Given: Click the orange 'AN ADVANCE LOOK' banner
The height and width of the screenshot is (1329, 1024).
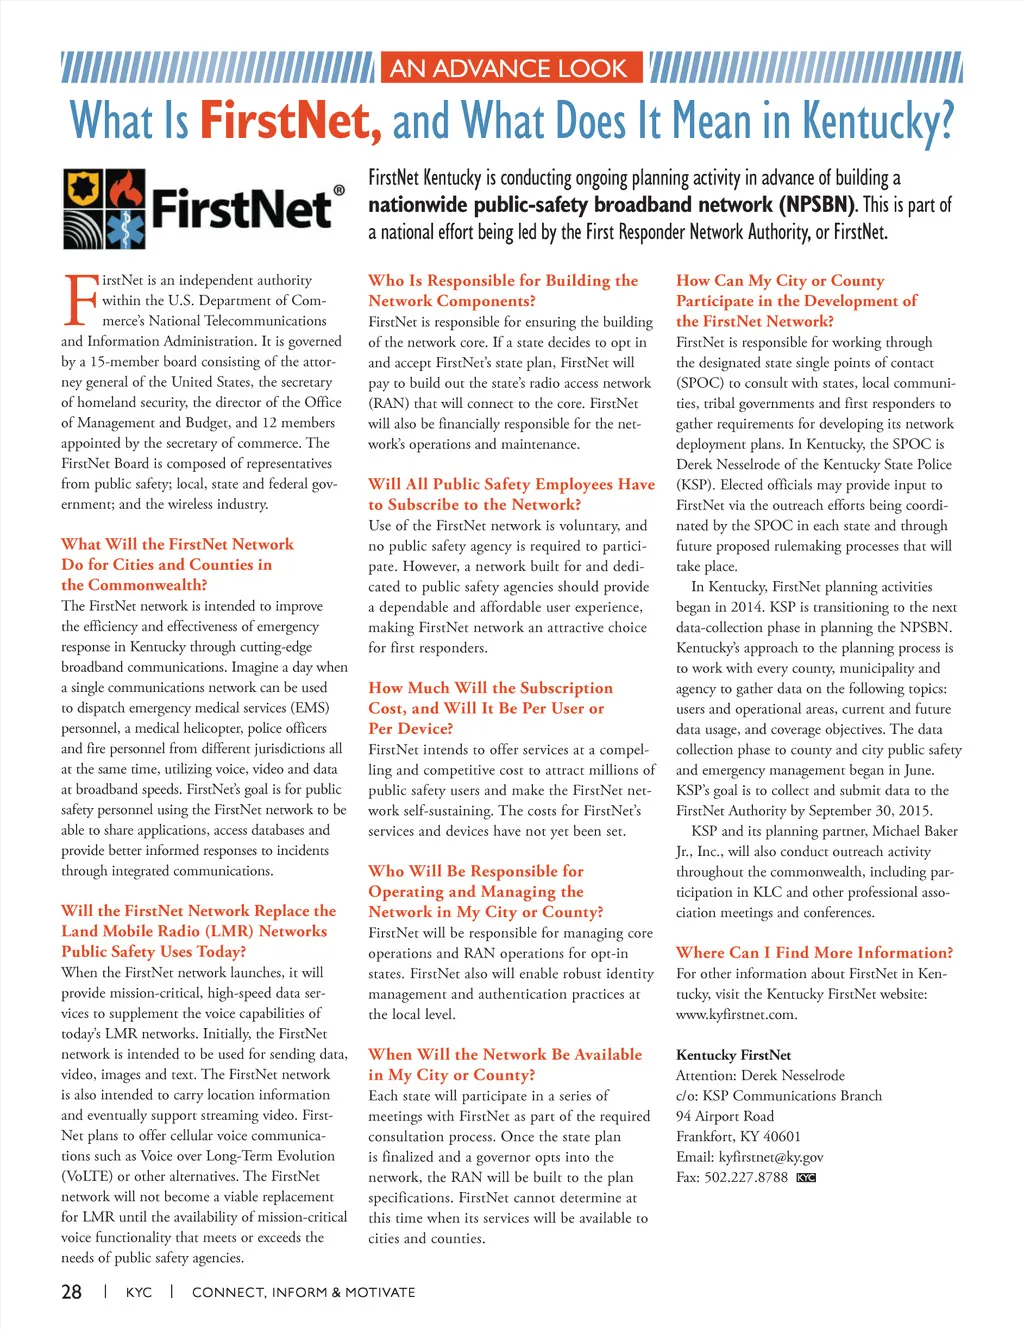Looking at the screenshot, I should point(508,68).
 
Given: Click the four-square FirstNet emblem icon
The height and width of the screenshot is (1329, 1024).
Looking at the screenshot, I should point(104,208).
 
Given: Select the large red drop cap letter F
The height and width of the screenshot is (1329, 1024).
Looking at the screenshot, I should point(78,299).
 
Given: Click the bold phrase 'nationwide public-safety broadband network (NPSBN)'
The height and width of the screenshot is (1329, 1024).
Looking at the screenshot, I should point(611,205).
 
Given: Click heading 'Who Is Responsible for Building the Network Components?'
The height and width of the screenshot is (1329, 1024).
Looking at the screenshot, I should point(502,290).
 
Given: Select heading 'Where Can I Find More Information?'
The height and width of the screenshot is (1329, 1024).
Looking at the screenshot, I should point(814,952).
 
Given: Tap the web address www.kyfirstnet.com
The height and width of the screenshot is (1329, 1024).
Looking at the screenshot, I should point(736,1014).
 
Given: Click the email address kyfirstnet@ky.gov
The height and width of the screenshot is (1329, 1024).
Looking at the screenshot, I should point(770,1157).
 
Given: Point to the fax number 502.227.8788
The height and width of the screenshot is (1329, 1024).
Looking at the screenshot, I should point(746,1177).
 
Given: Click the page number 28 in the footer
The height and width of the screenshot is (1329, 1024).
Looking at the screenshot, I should point(71,1292).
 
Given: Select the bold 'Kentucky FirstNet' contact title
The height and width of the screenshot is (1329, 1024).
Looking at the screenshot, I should point(733,1055).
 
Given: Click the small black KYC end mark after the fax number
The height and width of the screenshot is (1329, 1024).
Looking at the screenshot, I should point(807,1177).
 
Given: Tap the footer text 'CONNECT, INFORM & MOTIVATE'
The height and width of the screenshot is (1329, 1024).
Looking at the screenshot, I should point(303,1292).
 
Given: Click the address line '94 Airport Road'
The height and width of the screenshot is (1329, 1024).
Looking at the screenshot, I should point(725,1116).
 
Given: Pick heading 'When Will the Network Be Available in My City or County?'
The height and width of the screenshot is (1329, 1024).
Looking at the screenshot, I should point(505,1064).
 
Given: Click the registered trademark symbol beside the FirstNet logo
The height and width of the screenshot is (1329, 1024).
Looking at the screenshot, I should point(339,190).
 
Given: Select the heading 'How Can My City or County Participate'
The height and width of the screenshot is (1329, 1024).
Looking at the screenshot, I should point(796,300).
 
